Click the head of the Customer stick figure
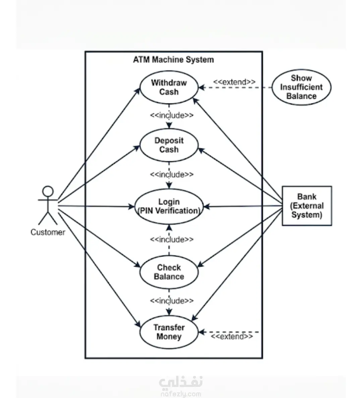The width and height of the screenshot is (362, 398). point(48,191)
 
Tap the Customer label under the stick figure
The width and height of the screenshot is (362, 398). point(48,232)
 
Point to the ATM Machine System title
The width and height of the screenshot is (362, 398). point(174,60)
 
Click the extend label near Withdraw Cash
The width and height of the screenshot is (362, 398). point(234,82)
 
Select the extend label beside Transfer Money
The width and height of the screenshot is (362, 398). point(232,336)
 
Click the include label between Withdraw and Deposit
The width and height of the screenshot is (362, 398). point(172,115)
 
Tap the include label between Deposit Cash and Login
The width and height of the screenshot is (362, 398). point(172,174)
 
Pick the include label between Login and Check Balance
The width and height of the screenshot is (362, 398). point(172,239)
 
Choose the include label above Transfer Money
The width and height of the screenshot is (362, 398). point(172,301)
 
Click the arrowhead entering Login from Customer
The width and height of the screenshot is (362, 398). point(131,207)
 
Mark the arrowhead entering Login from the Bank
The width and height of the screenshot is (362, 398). point(207,207)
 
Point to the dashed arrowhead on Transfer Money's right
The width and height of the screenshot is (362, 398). point(202,332)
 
